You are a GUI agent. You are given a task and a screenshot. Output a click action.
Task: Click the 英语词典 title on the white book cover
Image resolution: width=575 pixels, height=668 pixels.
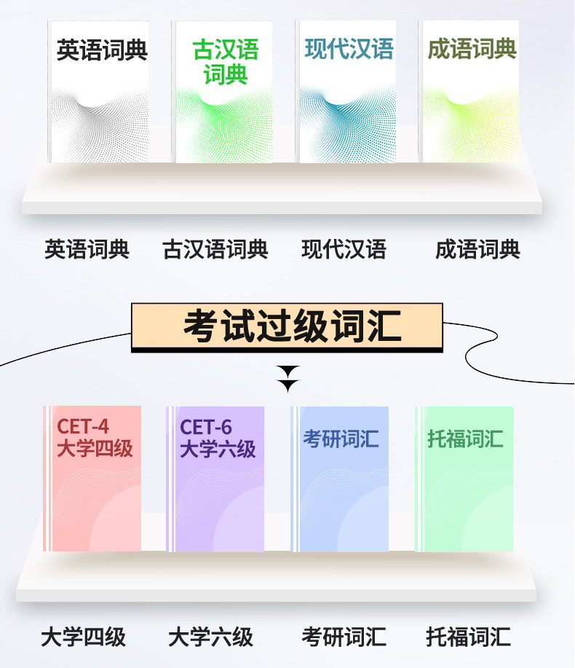click(x=102, y=51)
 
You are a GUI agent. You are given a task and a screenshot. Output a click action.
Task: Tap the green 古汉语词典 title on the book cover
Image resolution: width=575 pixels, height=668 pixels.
click(x=226, y=63)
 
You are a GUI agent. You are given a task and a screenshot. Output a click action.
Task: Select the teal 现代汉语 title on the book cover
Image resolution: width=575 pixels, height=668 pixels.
click(x=349, y=50)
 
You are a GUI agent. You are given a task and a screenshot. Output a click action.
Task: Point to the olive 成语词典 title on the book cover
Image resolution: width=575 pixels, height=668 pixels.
click(x=472, y=50)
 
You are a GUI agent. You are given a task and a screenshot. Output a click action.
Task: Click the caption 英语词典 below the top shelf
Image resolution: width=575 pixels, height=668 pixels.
click(x=87, y=250)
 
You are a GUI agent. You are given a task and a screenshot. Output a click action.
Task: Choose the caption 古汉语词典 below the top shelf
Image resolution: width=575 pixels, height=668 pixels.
click(x=215, y=250)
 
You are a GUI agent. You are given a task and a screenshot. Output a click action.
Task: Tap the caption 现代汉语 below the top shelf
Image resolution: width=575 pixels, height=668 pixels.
click(x=344, y=250)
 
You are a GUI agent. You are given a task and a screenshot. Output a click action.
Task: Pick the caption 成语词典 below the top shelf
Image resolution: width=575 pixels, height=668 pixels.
click(x=478, y=250)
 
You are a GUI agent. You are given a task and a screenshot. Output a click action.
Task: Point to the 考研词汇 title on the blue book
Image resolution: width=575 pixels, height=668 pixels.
click(x=341, y=439)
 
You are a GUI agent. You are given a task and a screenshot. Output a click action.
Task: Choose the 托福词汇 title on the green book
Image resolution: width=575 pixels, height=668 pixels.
click(x=465, y=439)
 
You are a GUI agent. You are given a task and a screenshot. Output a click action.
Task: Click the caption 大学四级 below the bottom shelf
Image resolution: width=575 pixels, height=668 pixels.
click(x=84, y=637)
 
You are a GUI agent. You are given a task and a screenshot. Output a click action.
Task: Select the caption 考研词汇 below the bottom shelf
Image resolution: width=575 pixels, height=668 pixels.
click(x=344, y=637)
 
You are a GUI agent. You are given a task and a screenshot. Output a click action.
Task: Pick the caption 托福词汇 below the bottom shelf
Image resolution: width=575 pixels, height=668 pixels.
click(x=469, y=637)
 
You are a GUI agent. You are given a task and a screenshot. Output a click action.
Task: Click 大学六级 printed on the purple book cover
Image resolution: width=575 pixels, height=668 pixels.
click(x=218, y=449)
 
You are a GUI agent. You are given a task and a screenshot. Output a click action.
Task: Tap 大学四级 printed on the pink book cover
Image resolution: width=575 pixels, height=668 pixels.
click(x=95, y=449)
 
